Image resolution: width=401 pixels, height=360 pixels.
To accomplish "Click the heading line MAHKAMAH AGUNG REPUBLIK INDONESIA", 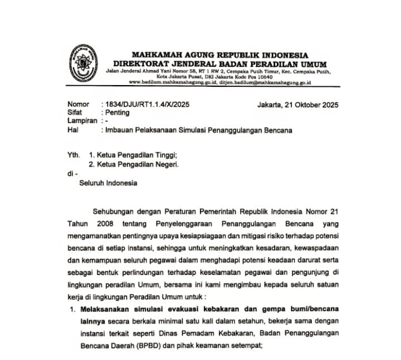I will [219, 55].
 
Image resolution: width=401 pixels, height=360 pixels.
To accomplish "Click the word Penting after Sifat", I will [117, 112].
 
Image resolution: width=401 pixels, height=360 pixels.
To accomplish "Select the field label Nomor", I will [78, 104].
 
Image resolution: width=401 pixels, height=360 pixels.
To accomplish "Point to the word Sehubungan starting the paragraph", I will [114, 212].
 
